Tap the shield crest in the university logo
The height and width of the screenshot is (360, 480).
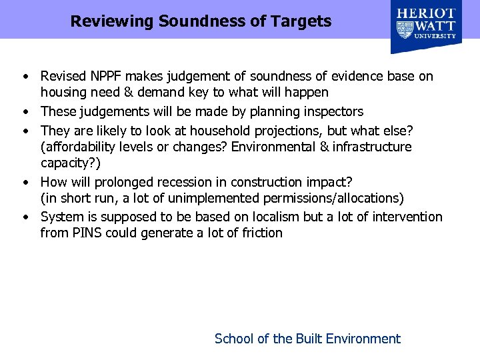pos(405,29)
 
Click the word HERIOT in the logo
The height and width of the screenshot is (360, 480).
pos(427,13)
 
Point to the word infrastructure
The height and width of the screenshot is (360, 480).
pos(373,147)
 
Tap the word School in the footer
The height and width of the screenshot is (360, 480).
pos(234,339)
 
